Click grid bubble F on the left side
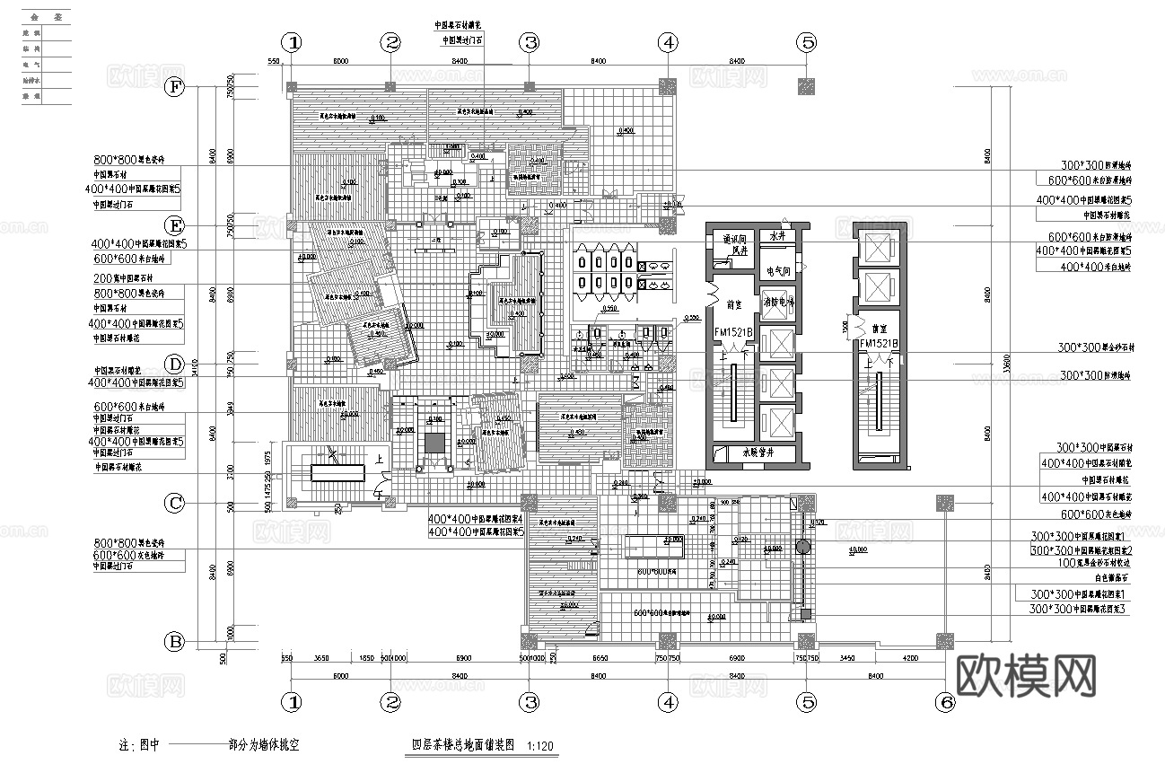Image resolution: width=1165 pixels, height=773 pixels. click(x=175, y=87)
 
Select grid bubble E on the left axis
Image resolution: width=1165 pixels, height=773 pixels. click(x=175, y=224)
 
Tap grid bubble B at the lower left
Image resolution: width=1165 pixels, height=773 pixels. click(x=175, y=641)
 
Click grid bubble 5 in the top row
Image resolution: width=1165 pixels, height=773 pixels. click(x=807, y=42)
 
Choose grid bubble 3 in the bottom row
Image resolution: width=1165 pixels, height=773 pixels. click(x=530, y=702)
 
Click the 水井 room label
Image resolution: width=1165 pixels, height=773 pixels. click(x=777, y=236)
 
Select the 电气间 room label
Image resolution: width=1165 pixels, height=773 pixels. click(x=777, y=270)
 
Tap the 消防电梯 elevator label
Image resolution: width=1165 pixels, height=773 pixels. click(x=777, y=303)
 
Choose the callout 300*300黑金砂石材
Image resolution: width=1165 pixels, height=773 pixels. click(x=1095, y=347)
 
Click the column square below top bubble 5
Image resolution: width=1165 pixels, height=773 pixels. click(x=807, y=86)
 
